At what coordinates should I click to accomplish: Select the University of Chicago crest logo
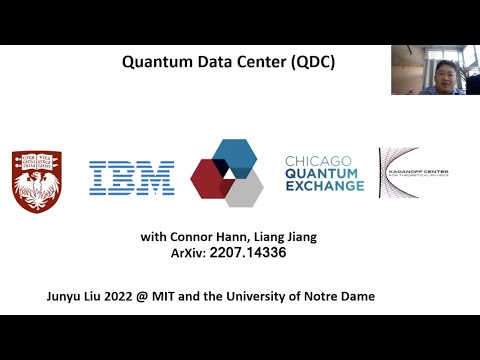(36, 180)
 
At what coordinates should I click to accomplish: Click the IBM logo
(131, 178)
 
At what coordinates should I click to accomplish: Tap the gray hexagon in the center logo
(243, 188)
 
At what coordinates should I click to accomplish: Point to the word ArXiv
(190, 255)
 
